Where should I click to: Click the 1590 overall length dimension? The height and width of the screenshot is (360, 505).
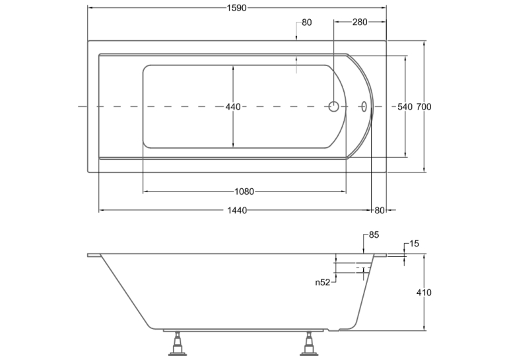pos(237,8)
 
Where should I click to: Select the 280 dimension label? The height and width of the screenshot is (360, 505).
pos(360,22)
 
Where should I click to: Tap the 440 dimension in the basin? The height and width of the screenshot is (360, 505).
pos(233,106)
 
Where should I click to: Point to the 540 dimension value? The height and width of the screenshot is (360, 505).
pos(405,106)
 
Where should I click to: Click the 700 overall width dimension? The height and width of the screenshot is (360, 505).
pos(424,106)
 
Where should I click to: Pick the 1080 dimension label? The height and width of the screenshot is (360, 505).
pos(244,192)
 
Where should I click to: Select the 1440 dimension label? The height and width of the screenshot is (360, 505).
pos(237,211)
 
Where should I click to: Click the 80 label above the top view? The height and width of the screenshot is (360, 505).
pos(307,22)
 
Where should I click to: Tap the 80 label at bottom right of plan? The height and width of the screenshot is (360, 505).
pos(380,211)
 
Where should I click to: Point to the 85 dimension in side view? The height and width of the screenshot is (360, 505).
pos(374,235)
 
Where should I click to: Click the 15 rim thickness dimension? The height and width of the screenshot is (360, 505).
pos(414,244)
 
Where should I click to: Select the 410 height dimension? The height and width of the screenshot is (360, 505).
pos(424,293)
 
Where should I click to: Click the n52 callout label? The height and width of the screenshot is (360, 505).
pos(323,283)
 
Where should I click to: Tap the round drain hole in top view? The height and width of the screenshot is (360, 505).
pos(333,106)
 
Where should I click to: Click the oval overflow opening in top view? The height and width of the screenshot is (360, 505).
pos(364,106)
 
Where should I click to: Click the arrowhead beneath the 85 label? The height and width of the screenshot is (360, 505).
pos(363,252)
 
